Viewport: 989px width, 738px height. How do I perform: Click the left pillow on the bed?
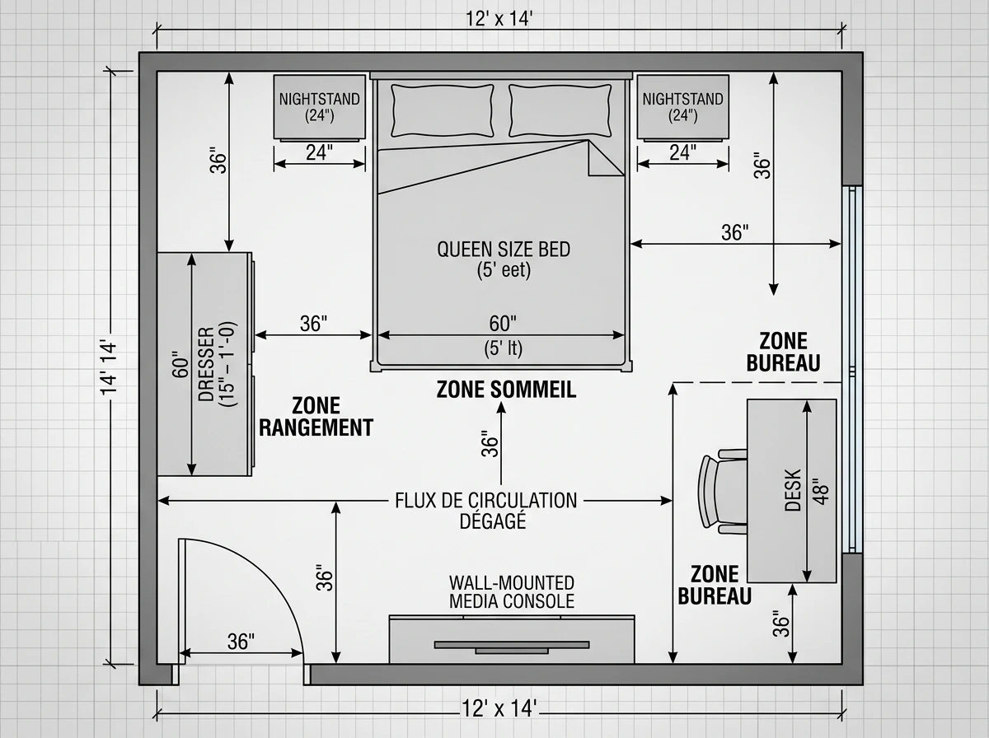(x=443, y=110)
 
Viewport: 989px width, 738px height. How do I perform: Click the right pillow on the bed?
(x=560, y=110)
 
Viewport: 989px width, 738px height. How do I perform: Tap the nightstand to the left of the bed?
(x=320, y=108)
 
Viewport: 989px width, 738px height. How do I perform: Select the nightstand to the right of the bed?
(x=682, y=108)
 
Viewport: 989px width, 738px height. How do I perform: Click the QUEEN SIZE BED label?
(x=504, y=250)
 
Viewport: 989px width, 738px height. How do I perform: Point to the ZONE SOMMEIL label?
(x=506, y=390)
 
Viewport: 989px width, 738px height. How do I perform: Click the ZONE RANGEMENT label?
(x=316, y=417)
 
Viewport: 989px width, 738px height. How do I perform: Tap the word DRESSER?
(x=205, y=364)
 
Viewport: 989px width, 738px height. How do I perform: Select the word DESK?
(x=793, y=490)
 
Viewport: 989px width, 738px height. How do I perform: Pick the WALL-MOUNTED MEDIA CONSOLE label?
(x=512, y=592)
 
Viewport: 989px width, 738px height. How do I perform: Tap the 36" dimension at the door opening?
(x=241, y=642)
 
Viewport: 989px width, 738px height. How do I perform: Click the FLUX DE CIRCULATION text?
(x=485, y=500)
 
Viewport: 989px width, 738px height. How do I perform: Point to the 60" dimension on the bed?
(x=503, y=324)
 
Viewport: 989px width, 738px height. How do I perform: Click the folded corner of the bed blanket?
(x=606, y=157)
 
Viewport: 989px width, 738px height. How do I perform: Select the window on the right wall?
(x=851, y=369)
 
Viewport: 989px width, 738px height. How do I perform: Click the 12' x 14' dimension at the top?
(x=499, y=19)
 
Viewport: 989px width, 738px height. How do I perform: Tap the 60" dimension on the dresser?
(x=180, y=365)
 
